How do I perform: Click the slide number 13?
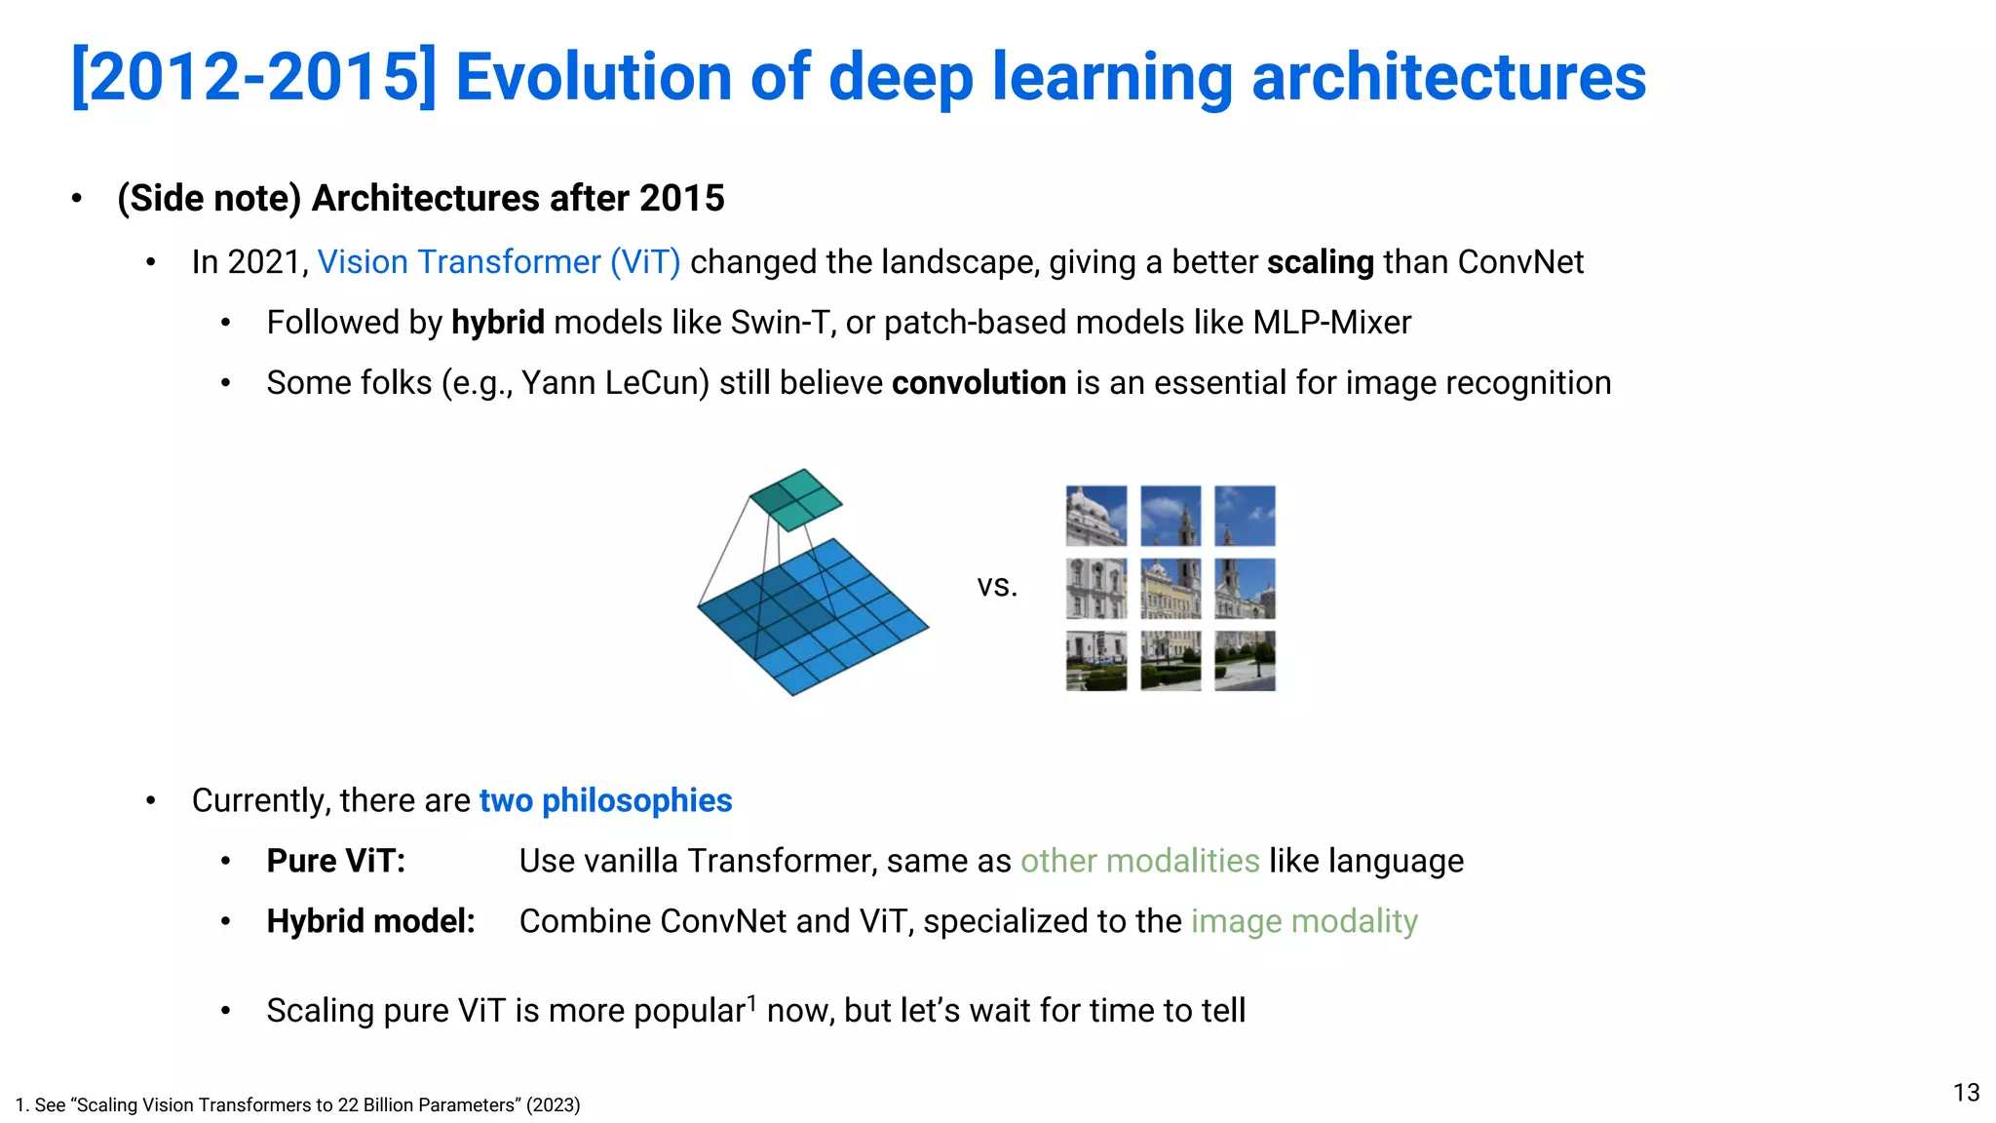click(x=1966, y=1093)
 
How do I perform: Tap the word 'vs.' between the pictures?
click(x=997, y=586)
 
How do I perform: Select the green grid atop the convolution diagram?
click(x=796, y=499)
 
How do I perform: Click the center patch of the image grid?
click(x=1171, y=589)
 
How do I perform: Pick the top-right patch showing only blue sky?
click(x=1245, y=516)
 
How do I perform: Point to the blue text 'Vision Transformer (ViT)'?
click(x=499, y=262)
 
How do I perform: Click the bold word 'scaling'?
click(x=1320, y=262)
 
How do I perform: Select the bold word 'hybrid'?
click(x=498, y=323)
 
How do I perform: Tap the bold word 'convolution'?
click(x=979, y=383)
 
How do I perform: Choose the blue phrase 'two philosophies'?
click(x=605, y=800)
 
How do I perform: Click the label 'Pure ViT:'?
click(x=335, y=861)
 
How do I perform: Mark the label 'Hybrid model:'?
click(x=370, y=921)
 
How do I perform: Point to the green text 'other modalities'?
click(x=1139, y=861)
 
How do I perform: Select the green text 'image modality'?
click(x=1304, y=921)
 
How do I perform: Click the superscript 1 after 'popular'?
click(x=751, y=1001)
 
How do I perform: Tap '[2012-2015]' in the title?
click(x=253, y=78)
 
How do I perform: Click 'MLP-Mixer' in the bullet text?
click(x=1331, y=323)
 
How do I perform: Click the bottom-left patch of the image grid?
click(x=1096, y=661)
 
